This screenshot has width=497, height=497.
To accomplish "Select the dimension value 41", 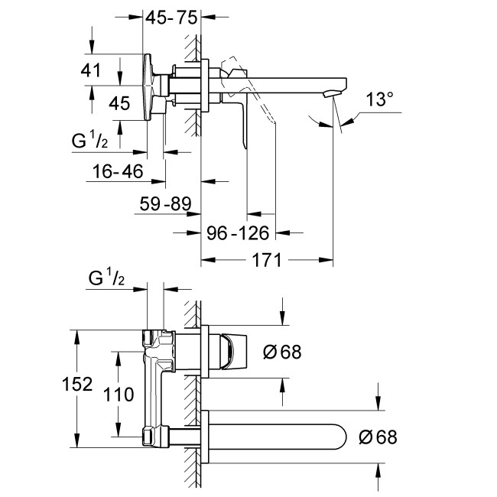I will click(x=91, y=70).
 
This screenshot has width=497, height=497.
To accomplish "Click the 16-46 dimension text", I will click(x=115, y=172).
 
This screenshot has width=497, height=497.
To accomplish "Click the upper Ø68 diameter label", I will click(x=281, y=352).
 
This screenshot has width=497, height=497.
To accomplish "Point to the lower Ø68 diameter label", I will click(x=377, y=437).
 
